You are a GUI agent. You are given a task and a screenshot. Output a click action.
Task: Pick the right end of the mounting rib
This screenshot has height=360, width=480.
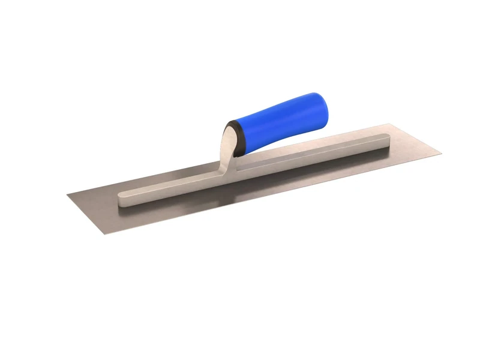(x=386, y=140)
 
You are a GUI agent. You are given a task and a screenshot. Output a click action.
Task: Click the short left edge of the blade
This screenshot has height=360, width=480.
(x=85, y=214)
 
